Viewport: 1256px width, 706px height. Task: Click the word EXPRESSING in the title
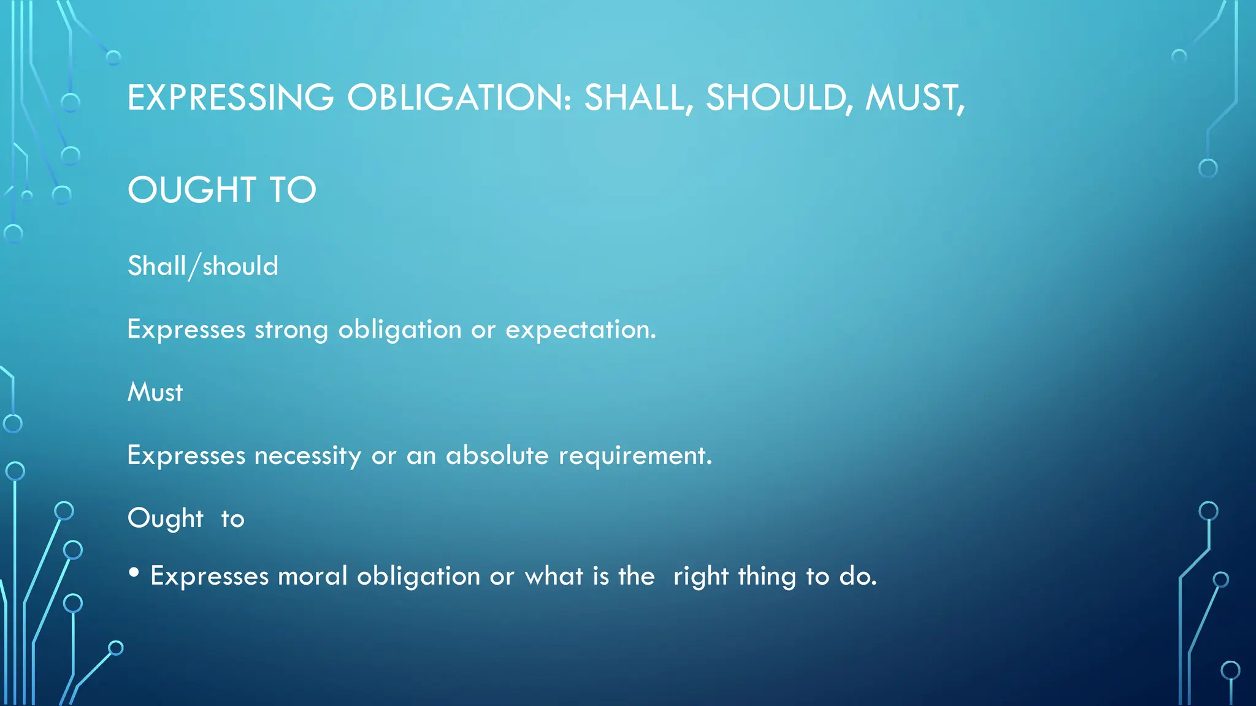[x=231, y=98]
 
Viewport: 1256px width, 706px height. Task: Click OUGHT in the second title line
[x=191, y=190]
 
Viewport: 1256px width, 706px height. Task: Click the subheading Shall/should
[x=203, y=267]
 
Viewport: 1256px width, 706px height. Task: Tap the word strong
[x=291, y=330]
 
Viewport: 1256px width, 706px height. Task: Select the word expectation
[x=580, y=330]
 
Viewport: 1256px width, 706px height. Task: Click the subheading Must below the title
[x=155, y=393]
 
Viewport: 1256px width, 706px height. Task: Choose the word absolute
[x=497, y=455]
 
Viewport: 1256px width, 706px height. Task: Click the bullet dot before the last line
[x=134, y=574]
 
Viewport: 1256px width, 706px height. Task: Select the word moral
[x=313, y=576]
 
